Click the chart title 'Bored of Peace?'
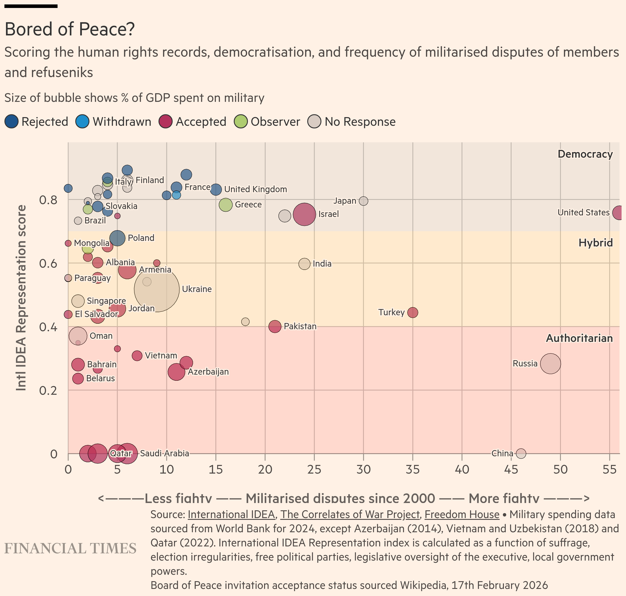(x=70, y=29)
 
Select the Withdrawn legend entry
(x=113, y=122)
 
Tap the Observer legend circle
(x=241, y=122)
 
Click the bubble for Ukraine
(x=156, y=289)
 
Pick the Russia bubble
(x=551, y=364)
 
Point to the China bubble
(x=521, y=453)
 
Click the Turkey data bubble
(x=413, y=313)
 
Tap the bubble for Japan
(x=363, y=201)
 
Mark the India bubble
(x=304, y=264)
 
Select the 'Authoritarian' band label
(x=579, y=338)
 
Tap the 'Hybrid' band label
(x=595, y=243)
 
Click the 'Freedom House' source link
(x=462, y=514)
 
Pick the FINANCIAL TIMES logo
(x=70, y=549)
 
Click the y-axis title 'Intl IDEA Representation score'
(x=21, y=298)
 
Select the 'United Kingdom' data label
(x=255, y=189)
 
